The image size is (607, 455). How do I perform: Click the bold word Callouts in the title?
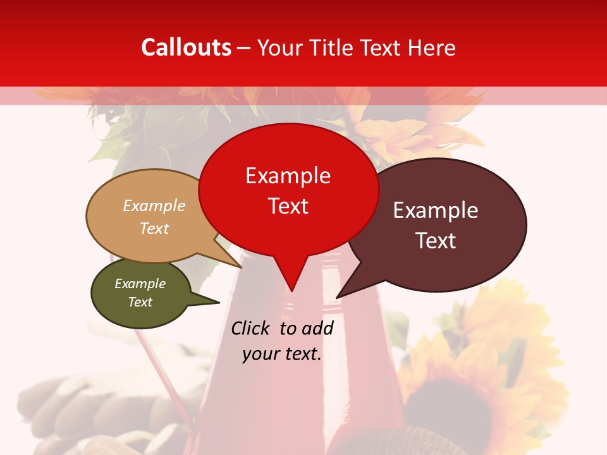tap(186, 47)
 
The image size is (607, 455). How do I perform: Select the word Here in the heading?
tap(432, 47)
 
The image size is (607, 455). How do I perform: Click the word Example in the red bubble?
tap(288, 176)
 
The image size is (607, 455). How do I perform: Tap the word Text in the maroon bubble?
tap(435, 240)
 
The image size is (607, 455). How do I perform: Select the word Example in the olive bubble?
tap(140, 284)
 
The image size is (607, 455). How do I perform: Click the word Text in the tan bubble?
tap(154, 228)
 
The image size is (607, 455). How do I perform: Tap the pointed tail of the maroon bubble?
tap(346, 288)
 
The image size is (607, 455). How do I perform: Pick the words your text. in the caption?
tap(282, 354)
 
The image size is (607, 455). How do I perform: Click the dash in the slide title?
tap(244, 47)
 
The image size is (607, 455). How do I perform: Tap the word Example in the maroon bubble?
tap(435, 210)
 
